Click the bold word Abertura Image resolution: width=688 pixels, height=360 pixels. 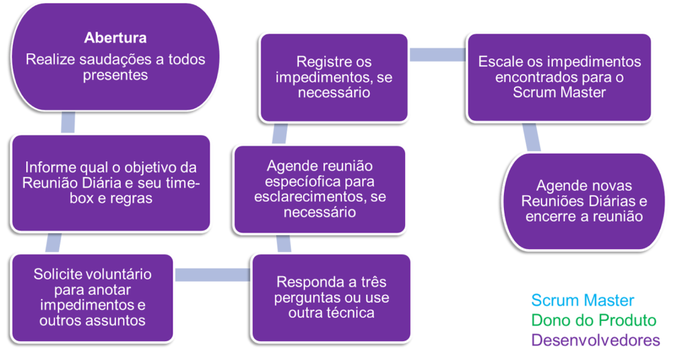click(x=115, y=37)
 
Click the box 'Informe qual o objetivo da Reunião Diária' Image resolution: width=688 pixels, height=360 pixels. click(x=112, y=183)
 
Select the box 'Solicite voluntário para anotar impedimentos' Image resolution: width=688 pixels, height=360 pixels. click(x=92, y=297)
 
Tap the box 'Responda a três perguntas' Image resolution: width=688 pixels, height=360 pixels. click(x=332, y=297)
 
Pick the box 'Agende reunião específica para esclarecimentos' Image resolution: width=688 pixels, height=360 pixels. click(x=320, y=189)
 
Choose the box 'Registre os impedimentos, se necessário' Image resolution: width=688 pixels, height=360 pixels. click(x=334, y=77)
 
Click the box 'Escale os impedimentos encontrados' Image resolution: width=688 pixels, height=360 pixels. click(x=559, y=77)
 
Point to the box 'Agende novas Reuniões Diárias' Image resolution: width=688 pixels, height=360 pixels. click(x=584, y=201)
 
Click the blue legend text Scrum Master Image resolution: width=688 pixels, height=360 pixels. click(x=582, y=300)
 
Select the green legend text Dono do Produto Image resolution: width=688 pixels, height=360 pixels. click(x=593, y=320)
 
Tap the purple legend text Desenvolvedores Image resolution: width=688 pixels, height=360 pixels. click(x=595, y=340)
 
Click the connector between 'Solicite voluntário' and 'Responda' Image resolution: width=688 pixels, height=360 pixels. click(x=213, y=274)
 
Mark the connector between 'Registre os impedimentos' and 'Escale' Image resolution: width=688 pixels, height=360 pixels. click(x=437, y=54)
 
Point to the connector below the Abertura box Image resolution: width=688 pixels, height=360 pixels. click(x=68, y=122)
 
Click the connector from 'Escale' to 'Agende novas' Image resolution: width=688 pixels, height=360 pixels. click(x=531, y=137)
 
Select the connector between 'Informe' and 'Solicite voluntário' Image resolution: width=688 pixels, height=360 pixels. click(x=52, y=242)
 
